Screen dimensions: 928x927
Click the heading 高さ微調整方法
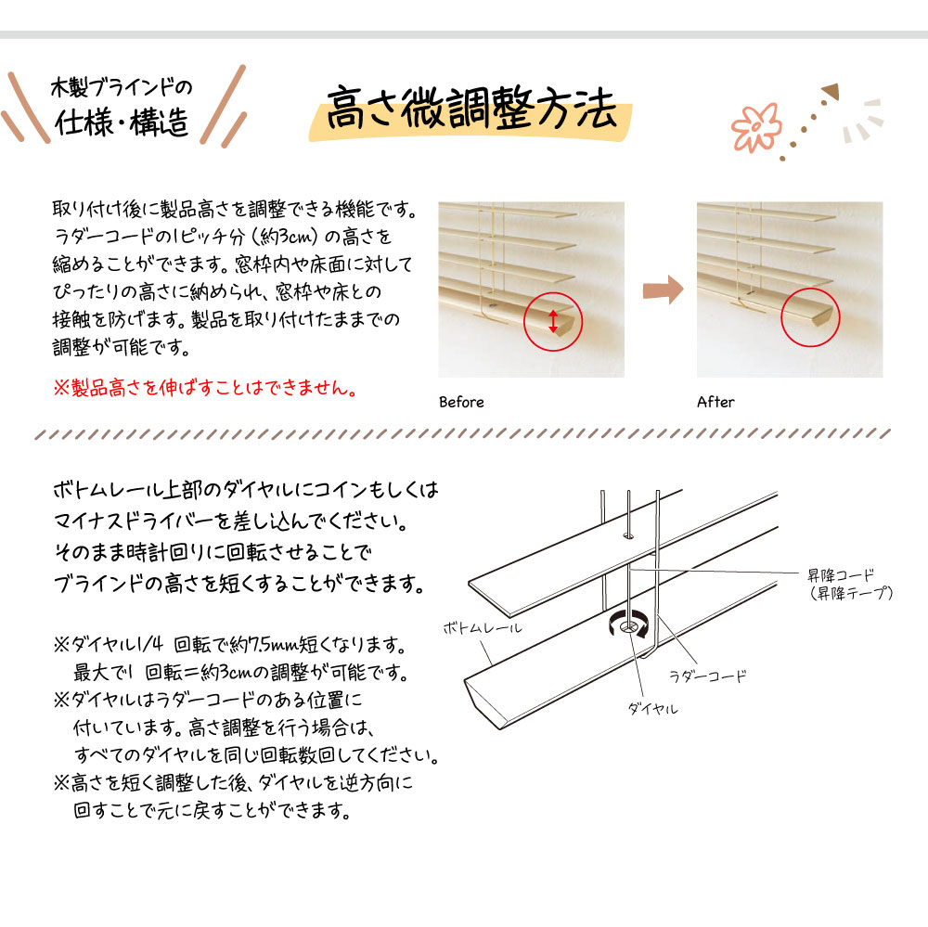471,108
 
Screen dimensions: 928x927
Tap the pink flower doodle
755,127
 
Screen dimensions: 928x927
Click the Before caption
461,402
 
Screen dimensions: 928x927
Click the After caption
715,402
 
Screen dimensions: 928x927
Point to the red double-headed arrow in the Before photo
553,321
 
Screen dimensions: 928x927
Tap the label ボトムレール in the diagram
483,627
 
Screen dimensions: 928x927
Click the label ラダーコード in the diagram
708,676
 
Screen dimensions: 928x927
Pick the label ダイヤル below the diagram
652,708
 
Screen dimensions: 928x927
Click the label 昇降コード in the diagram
841,574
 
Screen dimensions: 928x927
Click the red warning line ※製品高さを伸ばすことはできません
205,388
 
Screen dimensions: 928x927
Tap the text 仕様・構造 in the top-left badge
122,122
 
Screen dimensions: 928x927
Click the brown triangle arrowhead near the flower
831,91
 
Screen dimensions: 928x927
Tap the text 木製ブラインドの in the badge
122,87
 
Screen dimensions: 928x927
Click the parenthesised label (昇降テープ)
851,593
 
